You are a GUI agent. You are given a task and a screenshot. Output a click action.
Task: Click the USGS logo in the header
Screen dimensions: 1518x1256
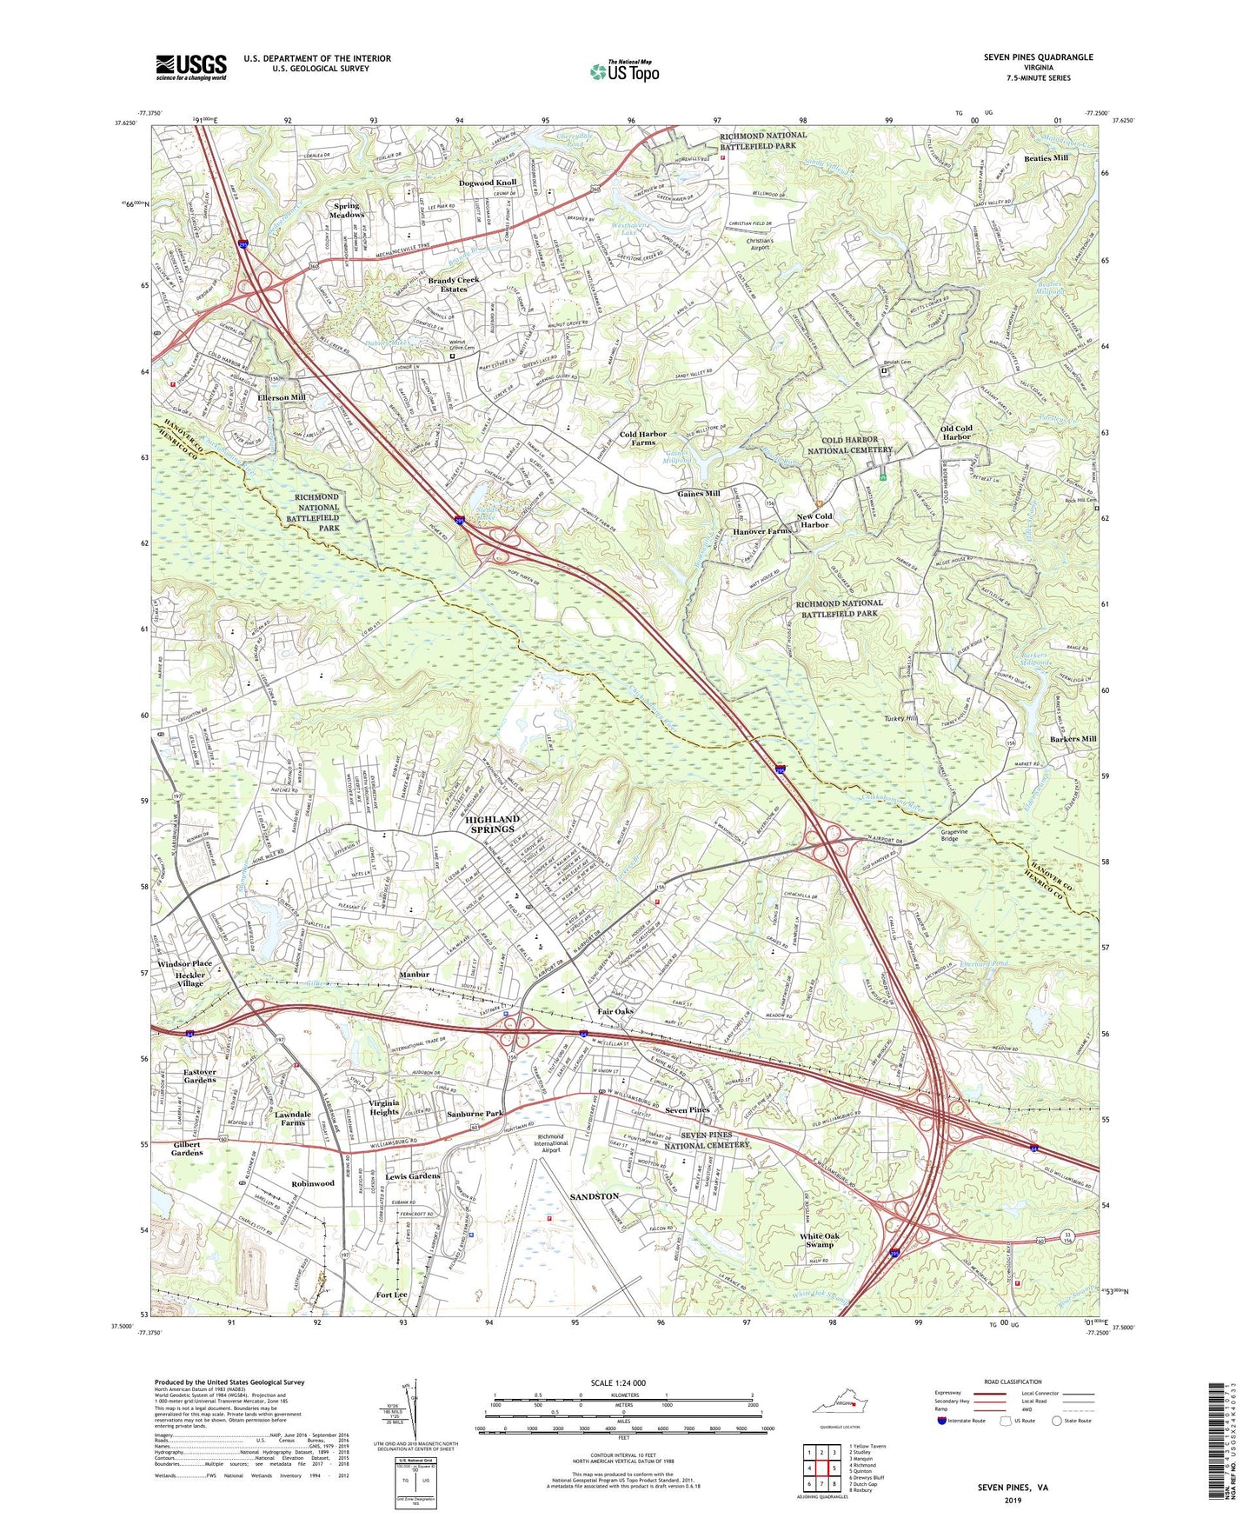pyautogui.click(x=191, y=67)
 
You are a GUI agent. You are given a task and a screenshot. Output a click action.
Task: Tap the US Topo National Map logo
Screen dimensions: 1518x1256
pyautogui.click(x=624, y=71)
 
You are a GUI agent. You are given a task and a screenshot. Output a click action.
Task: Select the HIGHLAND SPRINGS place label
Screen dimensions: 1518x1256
pyautogui.click(x=492, y=824)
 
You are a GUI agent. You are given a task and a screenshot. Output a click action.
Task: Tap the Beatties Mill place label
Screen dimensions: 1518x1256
pyautogui.click(x=1046, y=158)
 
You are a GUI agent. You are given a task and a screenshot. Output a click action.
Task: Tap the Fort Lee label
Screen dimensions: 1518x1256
pyautogui.click(x=391, y=1295)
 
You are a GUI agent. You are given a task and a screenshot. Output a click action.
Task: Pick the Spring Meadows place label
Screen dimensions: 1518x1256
pyautogui.click(x=348, y=210)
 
